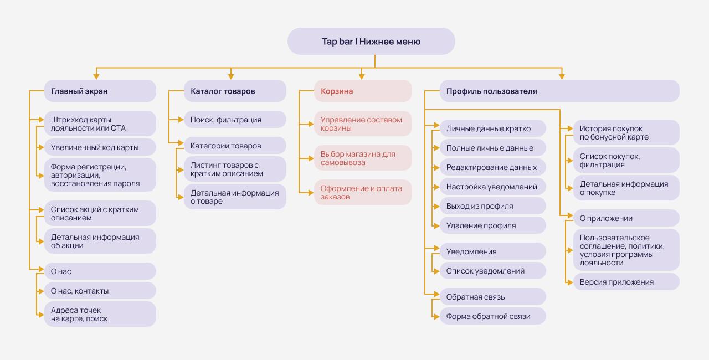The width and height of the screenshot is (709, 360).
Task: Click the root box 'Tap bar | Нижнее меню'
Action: click(x=371, y=41)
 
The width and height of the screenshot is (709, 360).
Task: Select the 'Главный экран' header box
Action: click(x=100, y=91)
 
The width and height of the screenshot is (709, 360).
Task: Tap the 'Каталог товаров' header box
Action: click(x=235, y=91)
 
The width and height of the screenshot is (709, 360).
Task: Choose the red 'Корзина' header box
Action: click(x=363, y=91)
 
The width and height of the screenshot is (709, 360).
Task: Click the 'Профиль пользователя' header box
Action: click(x=559, y=91)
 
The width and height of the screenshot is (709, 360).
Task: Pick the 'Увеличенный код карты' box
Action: click(x=100, y=147)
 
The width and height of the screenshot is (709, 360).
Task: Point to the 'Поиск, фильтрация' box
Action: click(x=235, y=120)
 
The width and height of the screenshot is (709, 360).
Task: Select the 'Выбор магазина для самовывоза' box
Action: click(x=363, y=158)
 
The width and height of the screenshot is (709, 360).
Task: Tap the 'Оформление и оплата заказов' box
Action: click(x=363, y=192)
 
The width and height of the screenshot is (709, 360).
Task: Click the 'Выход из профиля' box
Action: click(x=492, y=206)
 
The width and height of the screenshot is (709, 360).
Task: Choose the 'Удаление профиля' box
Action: click(x=492, y=225)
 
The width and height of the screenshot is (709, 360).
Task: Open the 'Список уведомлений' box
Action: click(x=492, y=271)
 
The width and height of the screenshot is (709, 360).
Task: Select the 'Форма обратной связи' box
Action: click(x=492, y=316)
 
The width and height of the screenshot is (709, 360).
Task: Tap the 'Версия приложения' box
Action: click(x=626, y=282)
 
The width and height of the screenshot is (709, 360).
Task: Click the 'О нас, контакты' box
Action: click(x=100, y=291)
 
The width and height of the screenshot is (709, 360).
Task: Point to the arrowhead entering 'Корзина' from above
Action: click(x=362, y=77)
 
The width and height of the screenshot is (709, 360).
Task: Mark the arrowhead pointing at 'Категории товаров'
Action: click(x=181, y=143)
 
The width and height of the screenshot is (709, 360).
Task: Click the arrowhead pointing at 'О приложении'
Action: click(x=571, y=216)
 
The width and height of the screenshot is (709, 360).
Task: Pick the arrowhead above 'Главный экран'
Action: click(x=96, y=77)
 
